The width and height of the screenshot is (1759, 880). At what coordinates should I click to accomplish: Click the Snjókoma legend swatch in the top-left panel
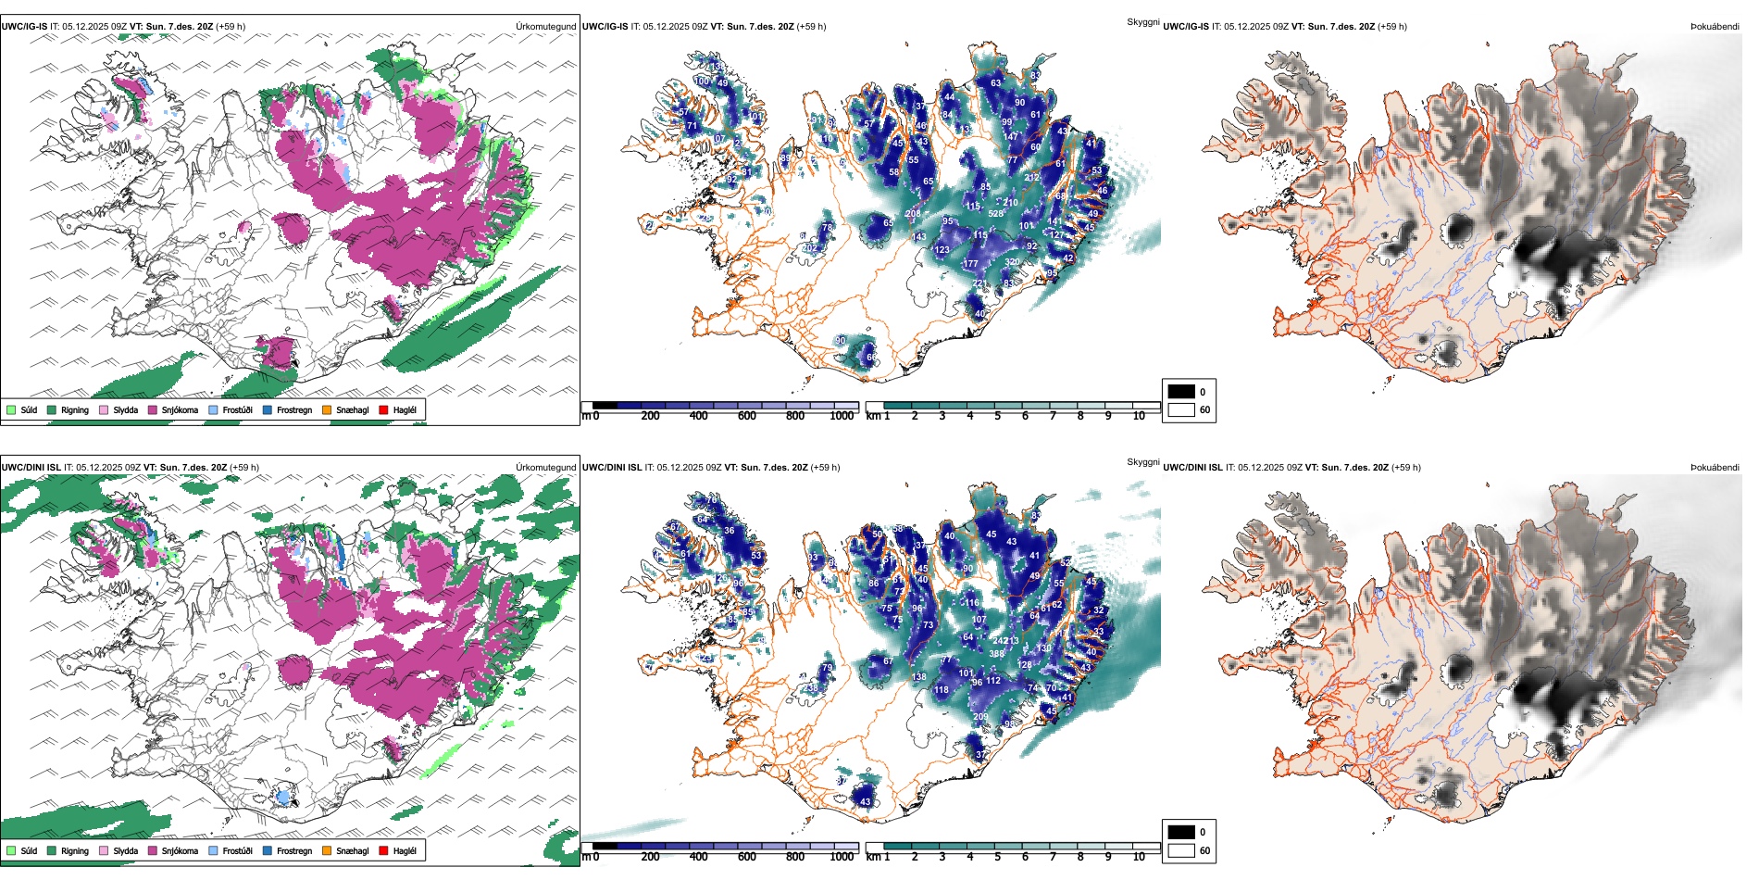click(153, 409)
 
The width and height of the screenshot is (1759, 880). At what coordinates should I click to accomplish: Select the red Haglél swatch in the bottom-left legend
click(384, 850)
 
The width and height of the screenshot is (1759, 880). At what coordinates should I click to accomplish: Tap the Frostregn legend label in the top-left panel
click(294, 409)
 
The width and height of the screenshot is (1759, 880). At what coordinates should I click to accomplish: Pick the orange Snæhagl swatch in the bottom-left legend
click(327, 850)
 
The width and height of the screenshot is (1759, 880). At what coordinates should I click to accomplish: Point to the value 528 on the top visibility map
click(996, 214)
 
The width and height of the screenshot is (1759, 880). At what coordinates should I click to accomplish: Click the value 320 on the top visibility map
click(1013, 262)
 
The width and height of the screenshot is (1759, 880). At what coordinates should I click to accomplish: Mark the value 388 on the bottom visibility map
click(996, 654)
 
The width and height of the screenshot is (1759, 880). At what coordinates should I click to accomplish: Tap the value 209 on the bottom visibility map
click(980, 717)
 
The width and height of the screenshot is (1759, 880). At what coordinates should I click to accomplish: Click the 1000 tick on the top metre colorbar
click(842, 416)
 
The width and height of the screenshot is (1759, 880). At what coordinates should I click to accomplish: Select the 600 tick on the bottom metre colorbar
click(747, 857)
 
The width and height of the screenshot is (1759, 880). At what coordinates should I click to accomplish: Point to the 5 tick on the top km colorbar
click(998, 416)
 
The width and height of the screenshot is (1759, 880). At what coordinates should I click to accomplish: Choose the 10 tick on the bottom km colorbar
click(1139, 857)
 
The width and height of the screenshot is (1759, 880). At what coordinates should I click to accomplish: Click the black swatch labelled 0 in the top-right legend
click(1181, 391)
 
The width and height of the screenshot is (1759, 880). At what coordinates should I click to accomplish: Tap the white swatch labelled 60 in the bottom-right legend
click(1181, 850)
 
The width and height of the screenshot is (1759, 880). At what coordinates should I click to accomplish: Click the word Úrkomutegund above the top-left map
click(545, 26)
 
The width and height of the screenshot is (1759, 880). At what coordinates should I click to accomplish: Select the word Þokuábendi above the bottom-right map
click(1715, 467)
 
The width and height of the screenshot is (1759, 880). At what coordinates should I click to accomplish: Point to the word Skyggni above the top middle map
click(1142, 21)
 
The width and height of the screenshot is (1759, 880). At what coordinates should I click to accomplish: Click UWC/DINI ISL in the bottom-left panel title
click(31, 467)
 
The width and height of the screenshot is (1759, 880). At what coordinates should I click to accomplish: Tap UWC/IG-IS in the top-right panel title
click(1186, 26)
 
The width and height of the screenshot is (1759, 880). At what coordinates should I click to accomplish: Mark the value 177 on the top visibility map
click(970, 264)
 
